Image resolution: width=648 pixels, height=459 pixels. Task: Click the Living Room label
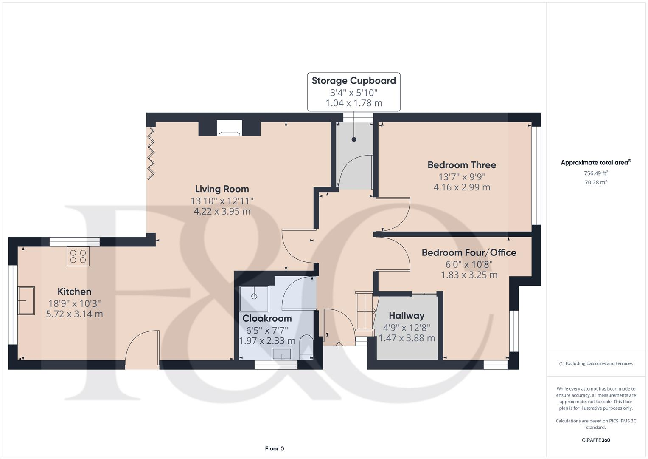point(222,189)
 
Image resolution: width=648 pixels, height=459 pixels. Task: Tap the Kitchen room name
point(74,292)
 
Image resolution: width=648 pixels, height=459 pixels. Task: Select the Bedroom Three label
point(462,165)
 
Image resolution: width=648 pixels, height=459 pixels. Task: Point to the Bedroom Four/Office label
point(469,252)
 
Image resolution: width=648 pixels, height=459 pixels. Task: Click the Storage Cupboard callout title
point(353,81)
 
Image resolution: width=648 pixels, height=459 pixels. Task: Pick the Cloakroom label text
point(267,318)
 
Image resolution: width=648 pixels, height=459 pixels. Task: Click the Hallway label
point(407,316)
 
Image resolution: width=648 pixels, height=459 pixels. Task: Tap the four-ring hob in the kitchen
point(78,257)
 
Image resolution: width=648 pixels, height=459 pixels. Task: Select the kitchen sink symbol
point(26,301)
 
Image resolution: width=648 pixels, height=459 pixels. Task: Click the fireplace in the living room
point(229,128)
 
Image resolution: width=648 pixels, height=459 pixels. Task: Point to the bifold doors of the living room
point(151,153)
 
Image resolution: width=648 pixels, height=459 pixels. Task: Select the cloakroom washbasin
point(282,354)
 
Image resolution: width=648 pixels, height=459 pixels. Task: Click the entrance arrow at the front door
point(339,345)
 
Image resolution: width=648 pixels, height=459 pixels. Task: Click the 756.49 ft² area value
point(596,173)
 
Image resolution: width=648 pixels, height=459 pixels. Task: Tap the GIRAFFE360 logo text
point(596,440)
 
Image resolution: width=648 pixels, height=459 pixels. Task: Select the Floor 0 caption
point(274,449)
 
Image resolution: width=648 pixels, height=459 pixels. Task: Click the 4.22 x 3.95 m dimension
point(222,211)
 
